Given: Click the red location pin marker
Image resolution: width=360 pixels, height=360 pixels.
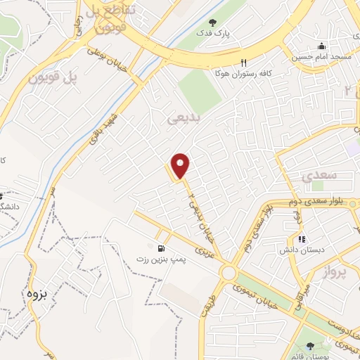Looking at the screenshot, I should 181,166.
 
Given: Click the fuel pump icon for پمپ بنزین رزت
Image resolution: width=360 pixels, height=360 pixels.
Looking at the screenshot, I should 163,248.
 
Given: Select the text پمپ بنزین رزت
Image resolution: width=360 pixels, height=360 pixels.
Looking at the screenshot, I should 163,260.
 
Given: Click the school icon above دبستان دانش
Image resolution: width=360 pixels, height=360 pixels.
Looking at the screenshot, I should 301,239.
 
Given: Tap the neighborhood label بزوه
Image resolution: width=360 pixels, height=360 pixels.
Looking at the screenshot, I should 35,292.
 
